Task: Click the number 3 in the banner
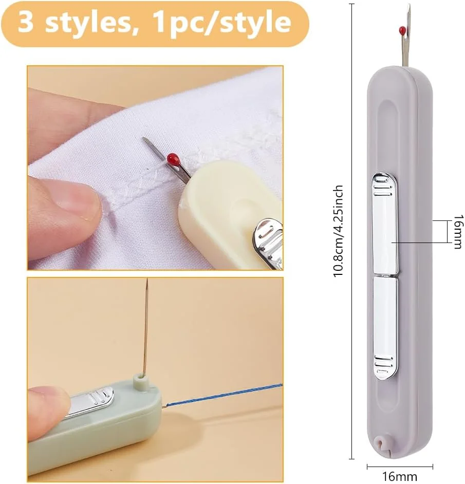click(x=25, y=22)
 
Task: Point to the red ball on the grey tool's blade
click(x=402, y=30)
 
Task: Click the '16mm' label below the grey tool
click(x=400, y=477)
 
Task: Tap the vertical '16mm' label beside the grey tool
click(x=458, y=232)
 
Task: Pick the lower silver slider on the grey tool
click(x=385, y=328)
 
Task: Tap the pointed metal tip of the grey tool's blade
click(x=409, y=6)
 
